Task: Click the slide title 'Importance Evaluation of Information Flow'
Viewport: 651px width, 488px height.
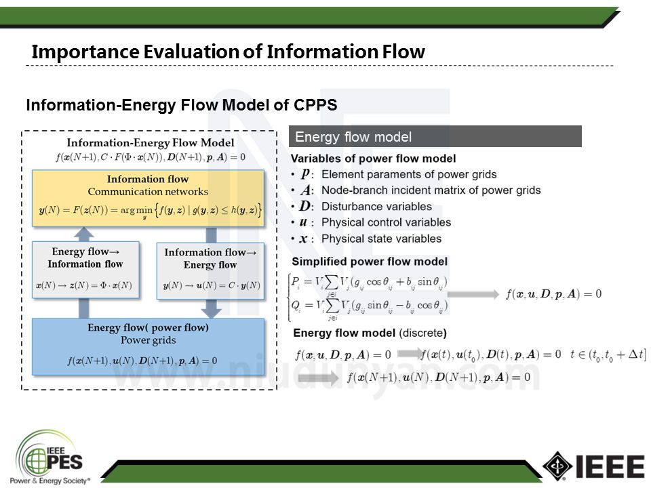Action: pos(228,52)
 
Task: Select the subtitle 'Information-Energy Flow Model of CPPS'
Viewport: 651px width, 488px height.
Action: pos(181,105)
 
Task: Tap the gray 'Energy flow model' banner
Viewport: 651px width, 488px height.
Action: pos(435,136)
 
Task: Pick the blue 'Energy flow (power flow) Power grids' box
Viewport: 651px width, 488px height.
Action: pos(148,346)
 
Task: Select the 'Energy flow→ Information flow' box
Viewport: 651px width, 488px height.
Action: pos(85,269)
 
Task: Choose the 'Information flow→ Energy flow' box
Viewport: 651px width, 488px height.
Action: pos(210,269)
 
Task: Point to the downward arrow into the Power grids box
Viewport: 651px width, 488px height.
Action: pos(211,308)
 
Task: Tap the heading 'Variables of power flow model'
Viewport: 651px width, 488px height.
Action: pos(373,159)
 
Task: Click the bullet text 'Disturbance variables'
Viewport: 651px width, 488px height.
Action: pos(376,207)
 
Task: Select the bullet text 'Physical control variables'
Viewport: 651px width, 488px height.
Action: pos(385,222)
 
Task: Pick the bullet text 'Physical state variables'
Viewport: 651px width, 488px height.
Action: pos(381,239)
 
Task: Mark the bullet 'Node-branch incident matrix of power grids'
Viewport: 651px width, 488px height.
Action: pos(430,190)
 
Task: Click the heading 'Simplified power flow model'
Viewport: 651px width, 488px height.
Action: pos(369,262)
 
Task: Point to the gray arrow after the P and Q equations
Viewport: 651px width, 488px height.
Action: pos(474,294)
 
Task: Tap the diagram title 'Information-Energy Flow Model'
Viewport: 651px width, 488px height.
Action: pos(150,143)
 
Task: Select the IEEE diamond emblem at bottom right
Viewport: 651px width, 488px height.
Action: pos(557,466)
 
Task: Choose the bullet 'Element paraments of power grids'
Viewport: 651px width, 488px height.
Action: pos(408,175)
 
